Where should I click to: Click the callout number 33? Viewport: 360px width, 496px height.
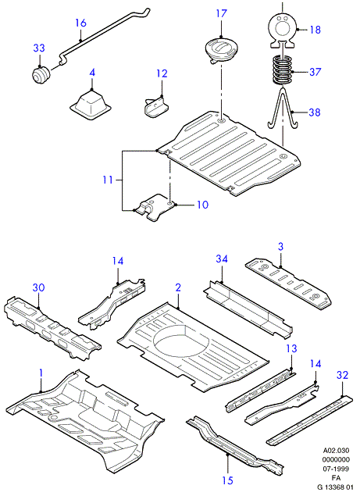(39, 48)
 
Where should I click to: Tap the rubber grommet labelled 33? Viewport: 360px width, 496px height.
(41, 76)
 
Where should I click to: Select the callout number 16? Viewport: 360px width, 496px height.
(80, 23)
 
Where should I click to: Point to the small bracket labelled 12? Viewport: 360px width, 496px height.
(155, 107)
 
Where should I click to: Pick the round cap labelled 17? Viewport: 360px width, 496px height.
(221, 49)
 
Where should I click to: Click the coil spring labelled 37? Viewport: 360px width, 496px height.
(283, 70)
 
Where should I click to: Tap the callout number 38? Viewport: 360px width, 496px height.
(315, 112)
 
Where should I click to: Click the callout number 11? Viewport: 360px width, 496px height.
(108, 180)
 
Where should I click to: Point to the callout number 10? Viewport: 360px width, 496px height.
(202, 205)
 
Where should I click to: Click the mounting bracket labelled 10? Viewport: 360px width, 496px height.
(155, 208)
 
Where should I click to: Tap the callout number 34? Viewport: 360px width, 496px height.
(222, 259)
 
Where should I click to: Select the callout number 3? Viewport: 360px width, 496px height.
(281, 247)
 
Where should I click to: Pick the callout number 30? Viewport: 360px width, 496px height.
(38, 287)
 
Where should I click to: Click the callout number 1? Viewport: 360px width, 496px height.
(41, 373)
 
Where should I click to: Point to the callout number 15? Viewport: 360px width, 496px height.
(227, 480)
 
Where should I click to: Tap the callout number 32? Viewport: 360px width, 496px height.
(342, 375)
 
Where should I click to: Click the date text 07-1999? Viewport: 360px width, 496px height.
(336, 469)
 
